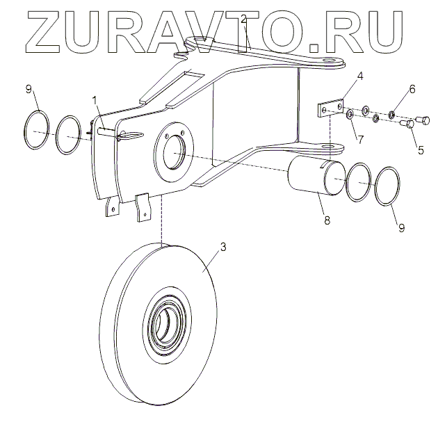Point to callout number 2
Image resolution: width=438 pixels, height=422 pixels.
pyautogui.click(x=243, y=19)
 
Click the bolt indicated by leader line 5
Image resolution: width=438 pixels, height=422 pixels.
pyautogui.click(x=409, y=126)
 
